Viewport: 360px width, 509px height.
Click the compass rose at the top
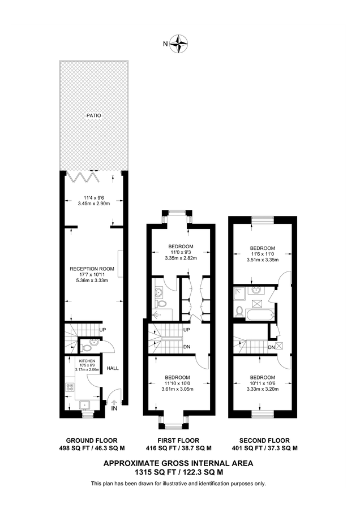[x=180, y=43]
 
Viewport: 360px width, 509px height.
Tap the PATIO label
[x=93, y=115]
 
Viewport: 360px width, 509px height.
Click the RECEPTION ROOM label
[x=92, y=269]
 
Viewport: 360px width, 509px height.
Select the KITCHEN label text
[x=87, y=360]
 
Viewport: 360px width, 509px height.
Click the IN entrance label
[x=114, y=408]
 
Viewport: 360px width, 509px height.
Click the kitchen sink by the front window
[x=84, y=404]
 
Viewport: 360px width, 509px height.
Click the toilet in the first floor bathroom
[x=162, y=304]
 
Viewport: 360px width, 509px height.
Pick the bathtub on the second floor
[x=260, y=312]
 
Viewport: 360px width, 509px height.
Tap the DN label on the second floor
[x=272, y=347]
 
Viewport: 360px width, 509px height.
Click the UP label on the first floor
[x=186, y=329]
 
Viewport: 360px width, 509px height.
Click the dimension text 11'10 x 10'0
[x=178, y=383]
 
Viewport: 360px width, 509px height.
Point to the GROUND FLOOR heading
[x=92, y=441]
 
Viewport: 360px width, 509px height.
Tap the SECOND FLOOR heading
[x=264, y=441]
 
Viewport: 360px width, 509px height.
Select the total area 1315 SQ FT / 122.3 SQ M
[x=178, y=471]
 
